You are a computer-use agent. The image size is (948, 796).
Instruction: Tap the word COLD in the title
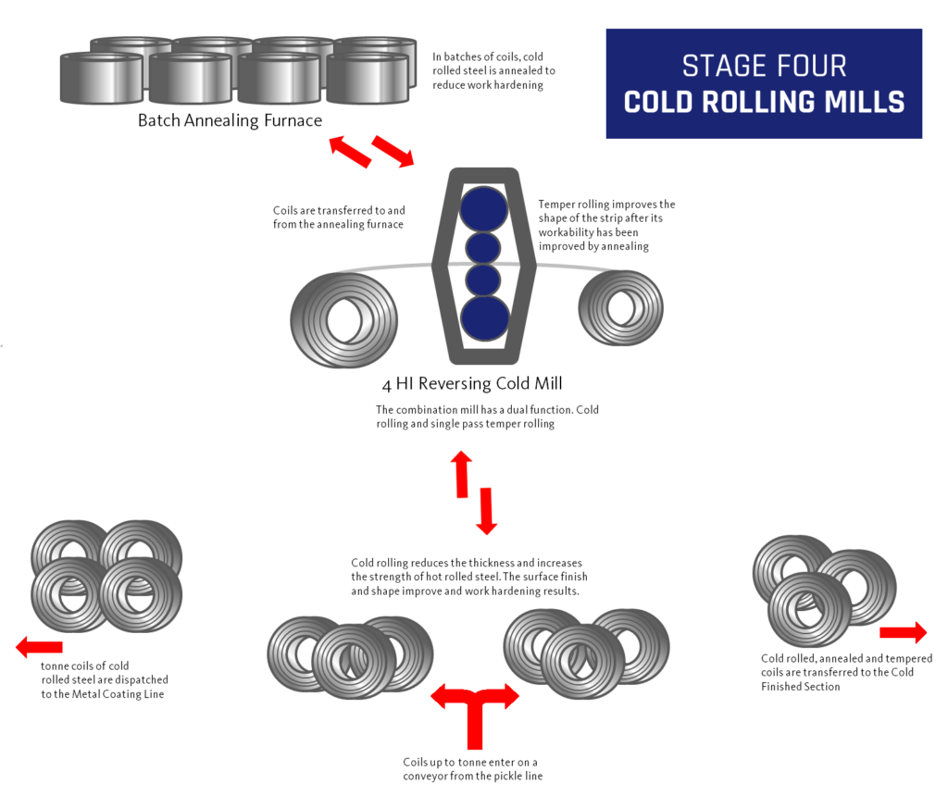tap(658, 102)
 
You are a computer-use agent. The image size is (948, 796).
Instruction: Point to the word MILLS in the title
tap(867, 102)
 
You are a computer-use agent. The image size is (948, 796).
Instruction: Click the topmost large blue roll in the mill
tap(484, 208)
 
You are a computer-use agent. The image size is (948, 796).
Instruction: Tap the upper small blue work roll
tap(483, 248)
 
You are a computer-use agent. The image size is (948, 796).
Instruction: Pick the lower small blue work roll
tap(483, 280)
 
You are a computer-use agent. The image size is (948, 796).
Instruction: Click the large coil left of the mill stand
tap(344, 319)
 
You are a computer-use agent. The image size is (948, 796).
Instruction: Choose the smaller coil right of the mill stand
tap(621, 306)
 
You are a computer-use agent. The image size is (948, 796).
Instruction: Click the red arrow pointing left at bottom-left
tap(39, 647)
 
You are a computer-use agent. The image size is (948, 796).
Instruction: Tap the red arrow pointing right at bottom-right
tap(903, 632)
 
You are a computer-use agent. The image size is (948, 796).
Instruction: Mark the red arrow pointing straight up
tap(461, 474)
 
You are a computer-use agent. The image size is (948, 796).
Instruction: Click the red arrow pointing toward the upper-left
tap(349, 151)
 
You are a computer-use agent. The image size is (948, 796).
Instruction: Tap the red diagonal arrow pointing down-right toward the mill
tap(393, 152)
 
